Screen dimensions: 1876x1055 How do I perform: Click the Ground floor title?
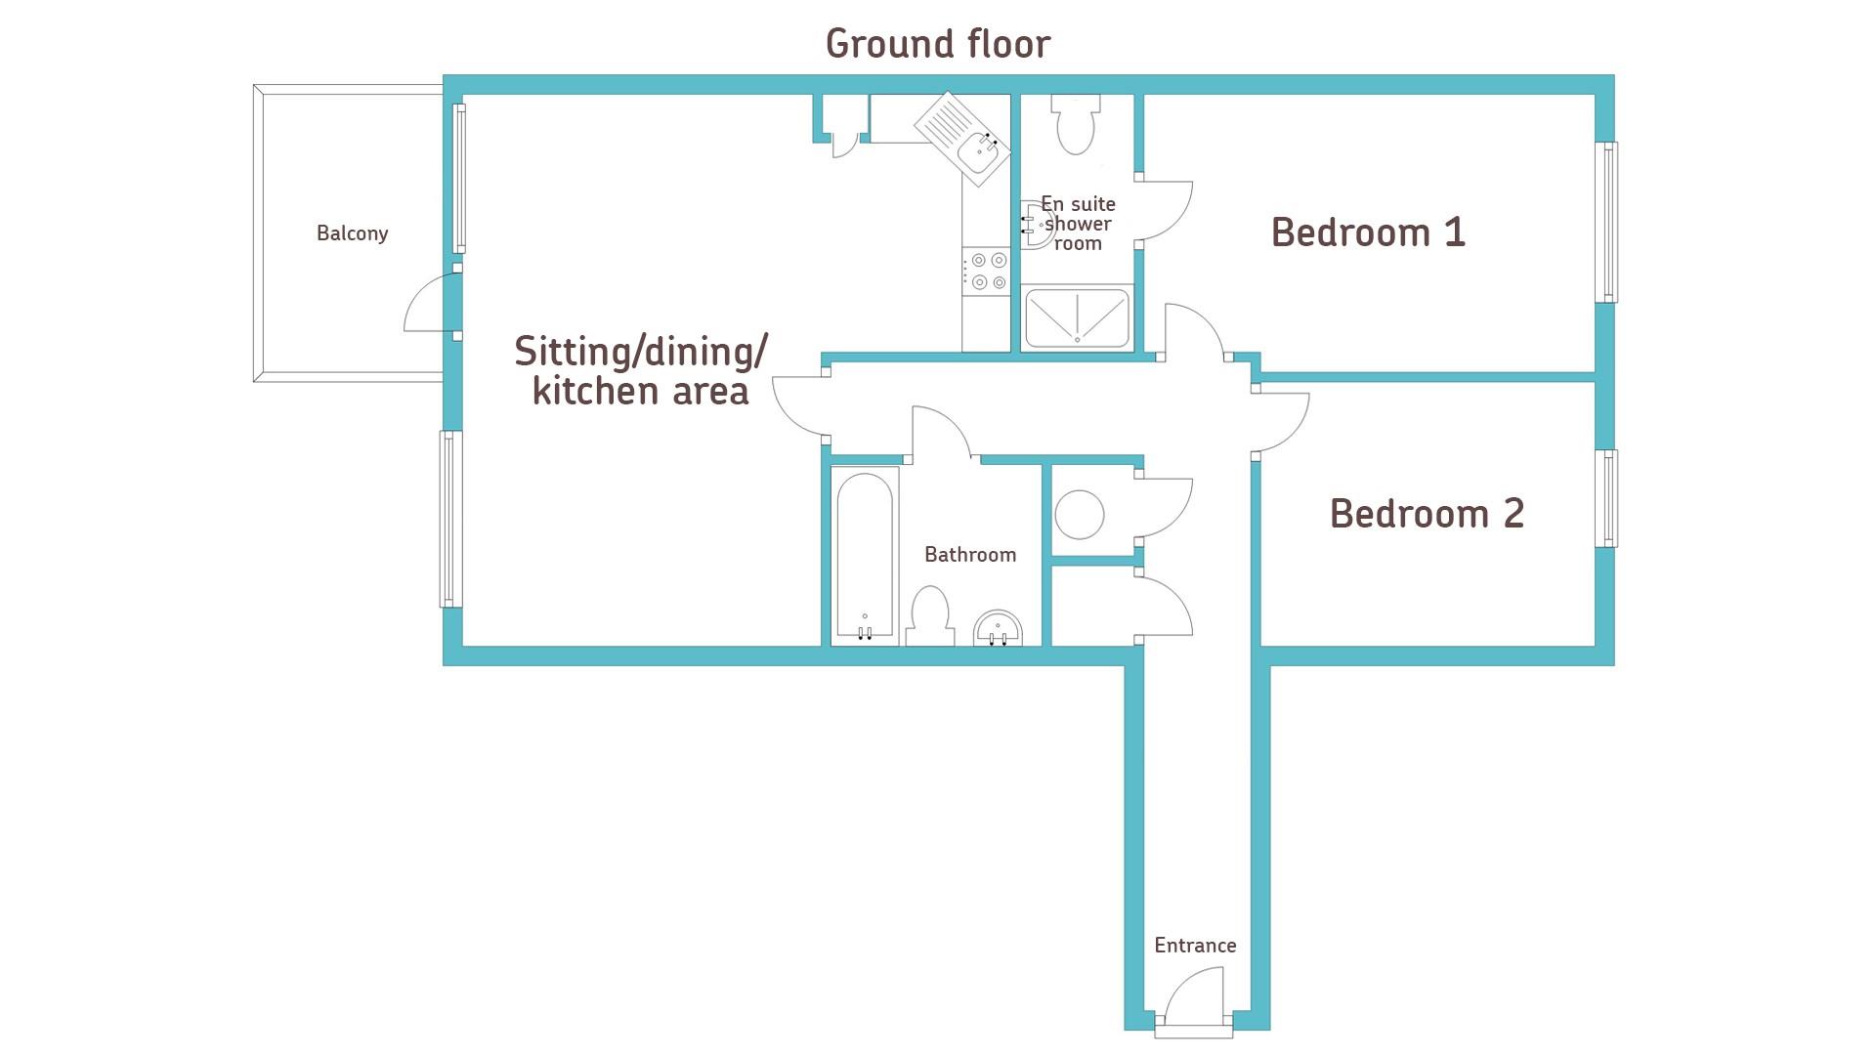point(938,44)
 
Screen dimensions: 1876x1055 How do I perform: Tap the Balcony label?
point(353,233)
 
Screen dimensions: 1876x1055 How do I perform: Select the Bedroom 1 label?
point(1368,232)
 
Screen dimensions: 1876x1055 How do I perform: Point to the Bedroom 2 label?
point(1427,514)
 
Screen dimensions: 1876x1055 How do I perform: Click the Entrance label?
point(1195,946)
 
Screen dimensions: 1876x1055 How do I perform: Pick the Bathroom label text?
point(970,555)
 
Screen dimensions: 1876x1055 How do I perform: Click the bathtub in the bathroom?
point(865,557)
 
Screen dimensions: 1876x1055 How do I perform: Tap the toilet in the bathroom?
point(930,616)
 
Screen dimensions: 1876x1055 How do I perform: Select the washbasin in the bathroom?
point(998,628)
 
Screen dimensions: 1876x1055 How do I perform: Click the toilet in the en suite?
point(1076,124)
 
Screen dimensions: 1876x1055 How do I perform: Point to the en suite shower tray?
point(1077,317)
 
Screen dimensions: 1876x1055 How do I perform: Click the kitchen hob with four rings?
point(986,271)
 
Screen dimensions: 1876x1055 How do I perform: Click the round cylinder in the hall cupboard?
point(1080,514)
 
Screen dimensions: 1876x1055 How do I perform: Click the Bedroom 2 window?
point(1606,498)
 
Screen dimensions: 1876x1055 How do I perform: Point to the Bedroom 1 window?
point(1606,223)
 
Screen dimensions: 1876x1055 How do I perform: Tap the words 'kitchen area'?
point(641,392)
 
